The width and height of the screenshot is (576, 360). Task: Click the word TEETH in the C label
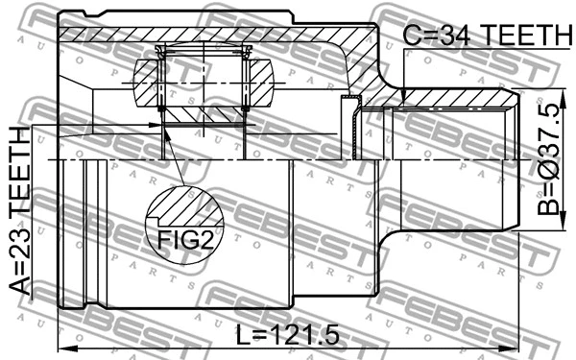click(523, 36)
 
